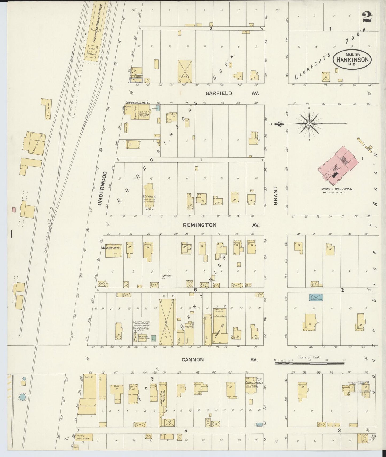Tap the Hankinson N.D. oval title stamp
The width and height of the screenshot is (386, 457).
(352, 60)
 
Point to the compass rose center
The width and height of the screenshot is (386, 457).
(309, 124)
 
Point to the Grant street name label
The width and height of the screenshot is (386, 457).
(275, 196)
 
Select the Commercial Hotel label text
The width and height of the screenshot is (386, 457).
(138, 103)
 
